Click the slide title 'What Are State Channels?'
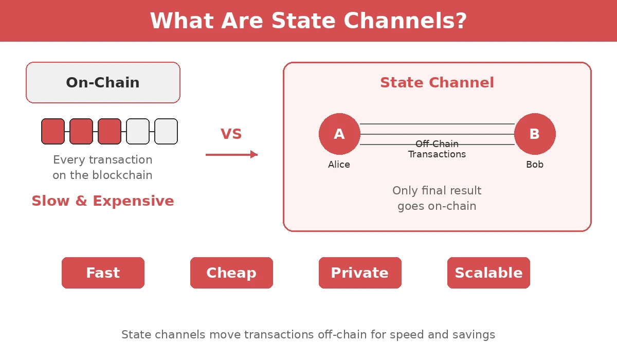308,21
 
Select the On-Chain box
103,83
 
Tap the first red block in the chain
53,131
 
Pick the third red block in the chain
110,131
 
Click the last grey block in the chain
166,131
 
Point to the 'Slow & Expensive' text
103,201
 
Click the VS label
231,134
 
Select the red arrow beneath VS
231,154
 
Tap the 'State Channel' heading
437,83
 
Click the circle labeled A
339,134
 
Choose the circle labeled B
535,134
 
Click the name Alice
339,165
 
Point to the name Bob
535,165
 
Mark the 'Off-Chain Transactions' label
437,149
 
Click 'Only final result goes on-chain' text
437,198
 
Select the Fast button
103,273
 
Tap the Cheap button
231,273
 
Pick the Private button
360,273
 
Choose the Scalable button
488,273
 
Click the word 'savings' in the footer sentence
474,335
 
